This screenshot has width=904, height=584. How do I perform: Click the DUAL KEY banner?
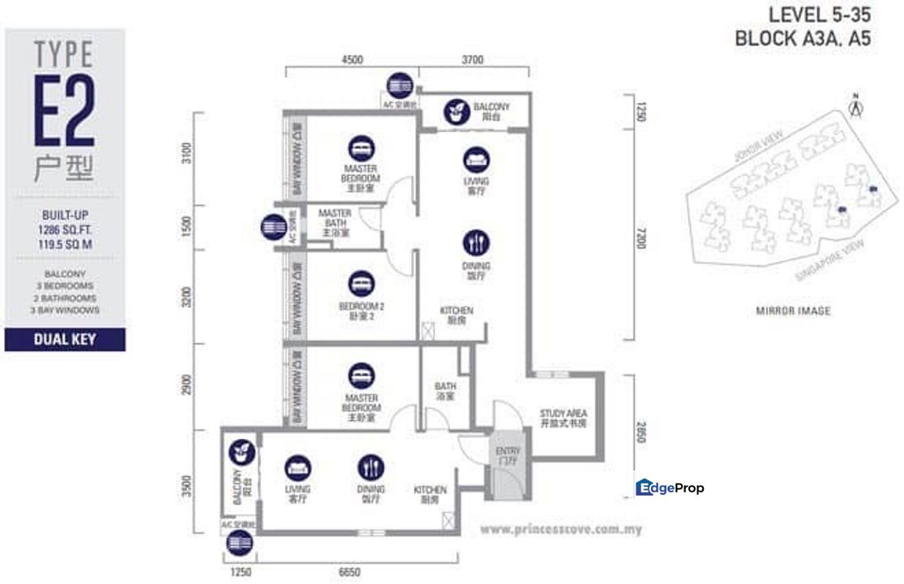(x=65, y=339)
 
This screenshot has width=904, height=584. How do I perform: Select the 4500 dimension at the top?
(x=352, y=59)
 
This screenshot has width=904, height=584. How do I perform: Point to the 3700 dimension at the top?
(x=473, y=59)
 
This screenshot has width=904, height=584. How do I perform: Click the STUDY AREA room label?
(x=563, y=418)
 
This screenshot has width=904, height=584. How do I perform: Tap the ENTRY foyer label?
(x=507, y=456)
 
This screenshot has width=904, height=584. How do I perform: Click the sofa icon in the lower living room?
(x=298, y=467)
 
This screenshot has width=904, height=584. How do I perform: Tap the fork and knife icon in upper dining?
(x=476, y=242)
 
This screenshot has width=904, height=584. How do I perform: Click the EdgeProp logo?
(x=670, y=487)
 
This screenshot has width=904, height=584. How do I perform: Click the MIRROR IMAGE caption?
(x=793, y=311)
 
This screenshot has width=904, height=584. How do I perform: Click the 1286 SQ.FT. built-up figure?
(x=65, y=229)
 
